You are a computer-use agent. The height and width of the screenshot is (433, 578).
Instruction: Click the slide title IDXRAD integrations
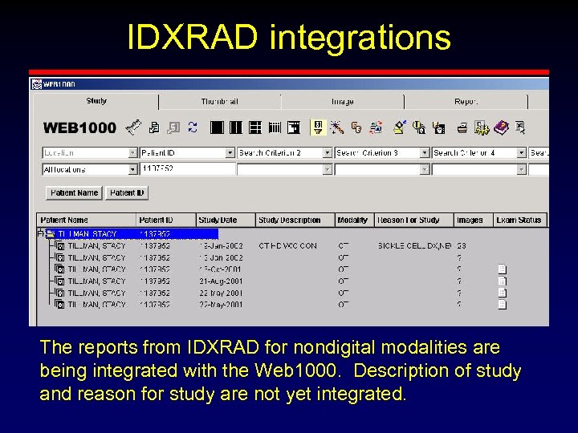[x=289, y=38]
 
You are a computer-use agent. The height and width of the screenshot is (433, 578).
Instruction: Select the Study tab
[x=96, y=101]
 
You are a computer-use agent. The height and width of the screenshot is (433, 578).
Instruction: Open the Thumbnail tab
[x=219, y=102]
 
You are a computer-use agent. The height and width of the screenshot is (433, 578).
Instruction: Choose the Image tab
[x=342, y=102]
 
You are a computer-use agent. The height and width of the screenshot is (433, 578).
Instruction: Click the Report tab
[x=466, y=102]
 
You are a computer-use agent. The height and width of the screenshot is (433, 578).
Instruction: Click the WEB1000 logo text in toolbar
[x=79, y=127]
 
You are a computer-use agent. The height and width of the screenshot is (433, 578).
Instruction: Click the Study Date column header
[x=218, y=220]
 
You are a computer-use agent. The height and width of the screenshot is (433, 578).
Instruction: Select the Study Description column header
[x=289, y=220]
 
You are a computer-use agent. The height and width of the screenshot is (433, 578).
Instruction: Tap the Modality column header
[x=352, y=220]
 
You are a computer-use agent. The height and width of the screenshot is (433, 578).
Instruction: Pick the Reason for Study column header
[x=409, y=220]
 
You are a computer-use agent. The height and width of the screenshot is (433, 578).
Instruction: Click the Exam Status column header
[x=519, y=220]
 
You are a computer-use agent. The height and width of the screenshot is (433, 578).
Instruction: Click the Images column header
[x=470, y=220]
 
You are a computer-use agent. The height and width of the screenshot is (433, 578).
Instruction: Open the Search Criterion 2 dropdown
[x=284, y=152]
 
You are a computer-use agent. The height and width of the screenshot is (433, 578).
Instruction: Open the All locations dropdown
[x=89, y=169]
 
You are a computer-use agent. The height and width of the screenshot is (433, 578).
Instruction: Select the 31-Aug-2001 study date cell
[x=219, y=281]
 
